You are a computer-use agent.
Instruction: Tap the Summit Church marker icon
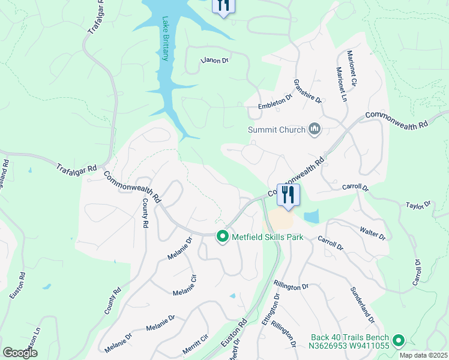pyautogui.click(x=315, y=129)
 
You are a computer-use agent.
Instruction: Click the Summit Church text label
pyautogui.click(x=277, y=130)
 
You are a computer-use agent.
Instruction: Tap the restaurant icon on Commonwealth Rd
pyautogui.click(x=288, y=194)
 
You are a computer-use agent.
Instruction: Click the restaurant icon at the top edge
pyautogui.click(x=223, y=5)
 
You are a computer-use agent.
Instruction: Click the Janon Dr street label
pyautogui.click(x=215, y=60)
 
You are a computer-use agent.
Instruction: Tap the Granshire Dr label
pyautogui.click(x=307, y=91)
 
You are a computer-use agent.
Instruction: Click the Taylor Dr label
pyautogui.click(x=418, y=205)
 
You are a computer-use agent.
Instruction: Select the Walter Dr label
pyautogui.click(x=372, y=233)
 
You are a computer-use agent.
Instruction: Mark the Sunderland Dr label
pyautogui.click(x=363, y=304)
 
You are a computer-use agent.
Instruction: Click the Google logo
pyautogui.click(x=20, y=353)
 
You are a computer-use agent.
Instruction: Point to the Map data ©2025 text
pyautogui.click(x=423, y=355)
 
